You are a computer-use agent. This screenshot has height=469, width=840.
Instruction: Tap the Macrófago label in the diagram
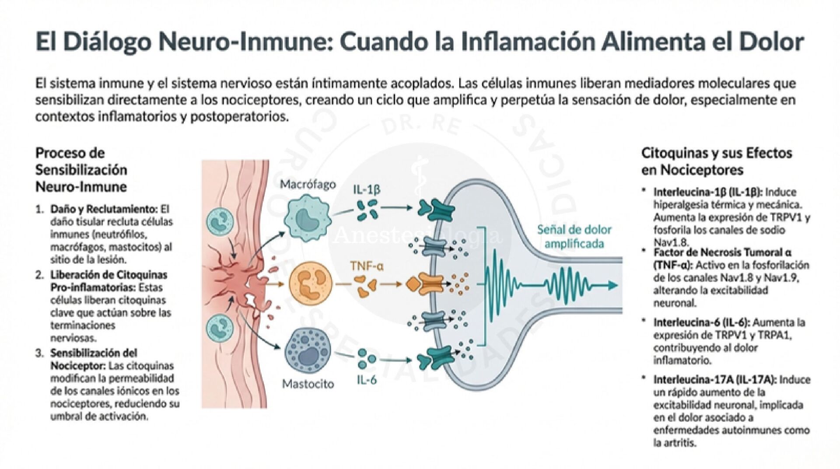tap(308, 184)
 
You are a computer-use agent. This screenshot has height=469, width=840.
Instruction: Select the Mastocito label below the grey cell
tap(308, 385)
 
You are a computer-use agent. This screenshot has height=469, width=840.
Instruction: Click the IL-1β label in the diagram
tap(367, 189)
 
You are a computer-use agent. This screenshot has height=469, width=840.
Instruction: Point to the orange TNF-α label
tap(367, 266)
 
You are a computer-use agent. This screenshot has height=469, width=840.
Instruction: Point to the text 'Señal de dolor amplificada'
tap(581, 236)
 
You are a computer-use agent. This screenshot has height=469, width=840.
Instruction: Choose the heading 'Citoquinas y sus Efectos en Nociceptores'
tap(717, 161)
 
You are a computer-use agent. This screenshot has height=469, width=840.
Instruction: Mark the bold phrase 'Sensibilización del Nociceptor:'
tap(94, 359)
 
